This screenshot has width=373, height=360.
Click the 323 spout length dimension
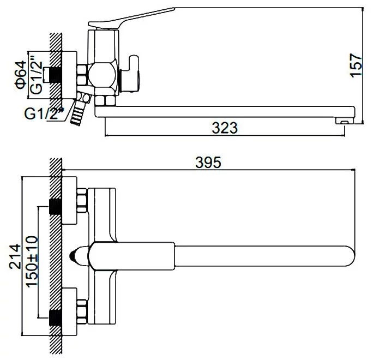pos(225,128)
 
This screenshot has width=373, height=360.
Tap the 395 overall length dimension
pos(208,163)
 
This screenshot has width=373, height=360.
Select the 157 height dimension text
pos(356,65)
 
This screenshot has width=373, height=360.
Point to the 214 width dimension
pos(15,256)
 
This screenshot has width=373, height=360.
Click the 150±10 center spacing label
pos(32,261)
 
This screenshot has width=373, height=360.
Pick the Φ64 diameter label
pos(20,75)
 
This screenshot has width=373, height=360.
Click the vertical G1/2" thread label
pos(36,74)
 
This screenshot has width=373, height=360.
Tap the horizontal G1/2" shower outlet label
pos(44,113)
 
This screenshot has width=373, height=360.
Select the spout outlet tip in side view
pos(344,121)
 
